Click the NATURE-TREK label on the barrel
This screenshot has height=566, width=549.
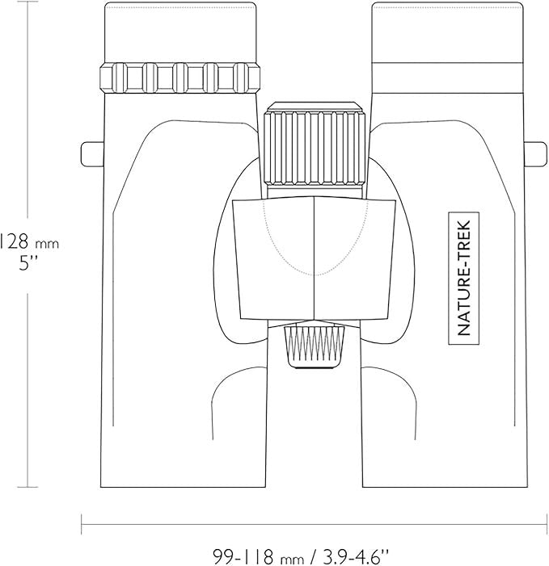pos(464,278)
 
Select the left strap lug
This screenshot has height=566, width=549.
pos(92,154)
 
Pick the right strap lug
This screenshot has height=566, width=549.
pos(535,154)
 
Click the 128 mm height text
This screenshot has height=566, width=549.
pos(28,242)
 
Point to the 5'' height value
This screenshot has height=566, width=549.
pos(28,264)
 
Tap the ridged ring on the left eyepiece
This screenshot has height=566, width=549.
pos(180,78)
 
